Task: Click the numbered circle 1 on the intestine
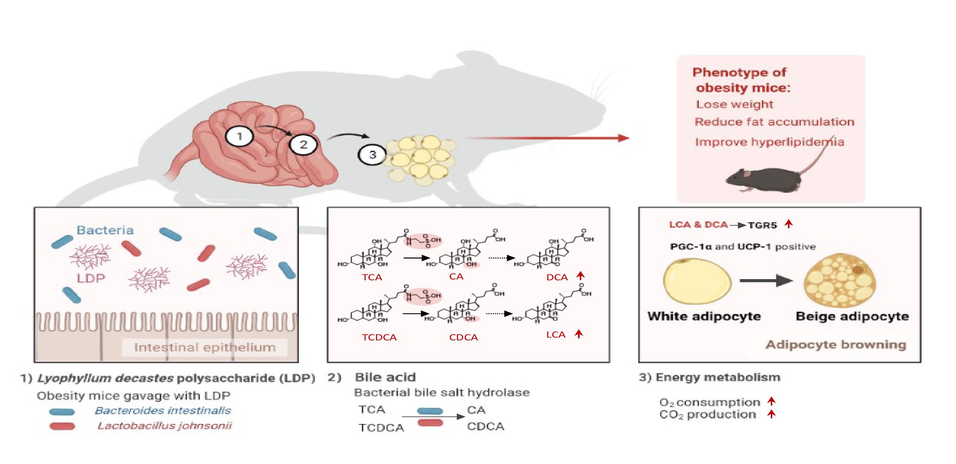239,137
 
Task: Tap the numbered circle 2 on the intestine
303,144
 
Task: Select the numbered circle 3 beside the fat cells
372,155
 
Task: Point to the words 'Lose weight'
734,104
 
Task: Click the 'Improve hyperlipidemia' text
769,142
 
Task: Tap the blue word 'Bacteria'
105,230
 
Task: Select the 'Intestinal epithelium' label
205,347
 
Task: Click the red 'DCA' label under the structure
557,278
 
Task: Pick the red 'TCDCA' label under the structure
379,338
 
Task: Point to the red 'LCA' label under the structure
556,335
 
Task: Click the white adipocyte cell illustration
697,281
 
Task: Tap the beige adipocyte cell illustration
839,281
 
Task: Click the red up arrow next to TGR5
788,224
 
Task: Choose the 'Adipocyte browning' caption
835,345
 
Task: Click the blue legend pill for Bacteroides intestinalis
62,412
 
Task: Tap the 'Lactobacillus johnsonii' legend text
165,426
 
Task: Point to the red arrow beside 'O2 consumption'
771,401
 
